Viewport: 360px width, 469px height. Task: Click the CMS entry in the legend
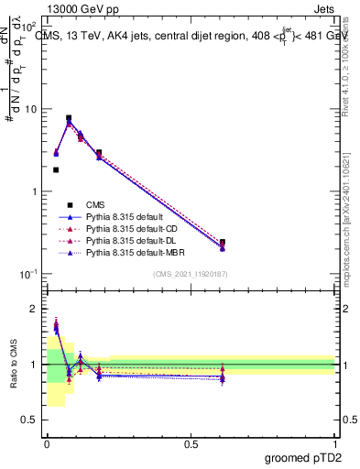click(95, 204)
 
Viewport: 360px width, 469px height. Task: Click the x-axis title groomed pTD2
click(304, 457)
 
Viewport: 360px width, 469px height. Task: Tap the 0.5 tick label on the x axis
click(191, 443)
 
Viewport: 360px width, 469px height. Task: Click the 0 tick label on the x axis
click(47, 443)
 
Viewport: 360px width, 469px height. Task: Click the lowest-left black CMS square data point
click(56, 169)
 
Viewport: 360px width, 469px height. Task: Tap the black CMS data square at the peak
click(69, 118)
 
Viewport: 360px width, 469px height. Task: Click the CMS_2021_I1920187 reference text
click(191, 274)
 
